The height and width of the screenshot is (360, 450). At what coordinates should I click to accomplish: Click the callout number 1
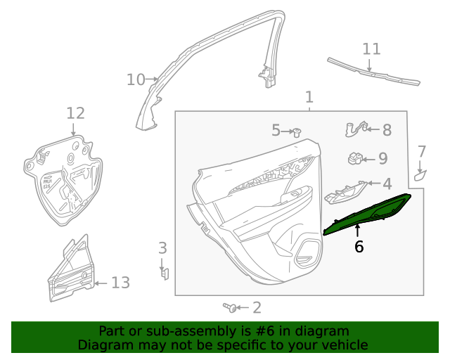click(309, 96)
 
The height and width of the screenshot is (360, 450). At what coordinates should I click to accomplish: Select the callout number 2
click(257, 307)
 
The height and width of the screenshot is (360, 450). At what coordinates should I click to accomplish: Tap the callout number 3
click(162, 248)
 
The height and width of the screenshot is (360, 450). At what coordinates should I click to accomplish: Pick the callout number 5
click(276, 130)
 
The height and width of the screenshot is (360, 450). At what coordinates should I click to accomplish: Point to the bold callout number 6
click(359, 247)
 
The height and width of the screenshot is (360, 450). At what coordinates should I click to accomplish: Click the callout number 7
click(422, 151)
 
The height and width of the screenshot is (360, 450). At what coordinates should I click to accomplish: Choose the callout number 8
click(387, 130)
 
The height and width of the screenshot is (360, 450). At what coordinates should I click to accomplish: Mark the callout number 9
click(382, 159)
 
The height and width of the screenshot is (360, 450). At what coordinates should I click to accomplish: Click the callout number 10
click(136, 79)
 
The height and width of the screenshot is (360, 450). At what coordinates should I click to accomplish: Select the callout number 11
click(371, 49)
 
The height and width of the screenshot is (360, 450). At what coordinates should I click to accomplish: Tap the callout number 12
click(75, 112)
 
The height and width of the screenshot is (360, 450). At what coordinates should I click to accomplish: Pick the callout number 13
click(120, 283)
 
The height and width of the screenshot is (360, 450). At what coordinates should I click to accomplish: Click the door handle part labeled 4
click(345, 191)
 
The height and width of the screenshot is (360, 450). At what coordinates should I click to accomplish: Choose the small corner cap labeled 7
click(420, 174)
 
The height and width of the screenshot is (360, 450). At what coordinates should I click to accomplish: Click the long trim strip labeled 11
click(373, 72)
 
